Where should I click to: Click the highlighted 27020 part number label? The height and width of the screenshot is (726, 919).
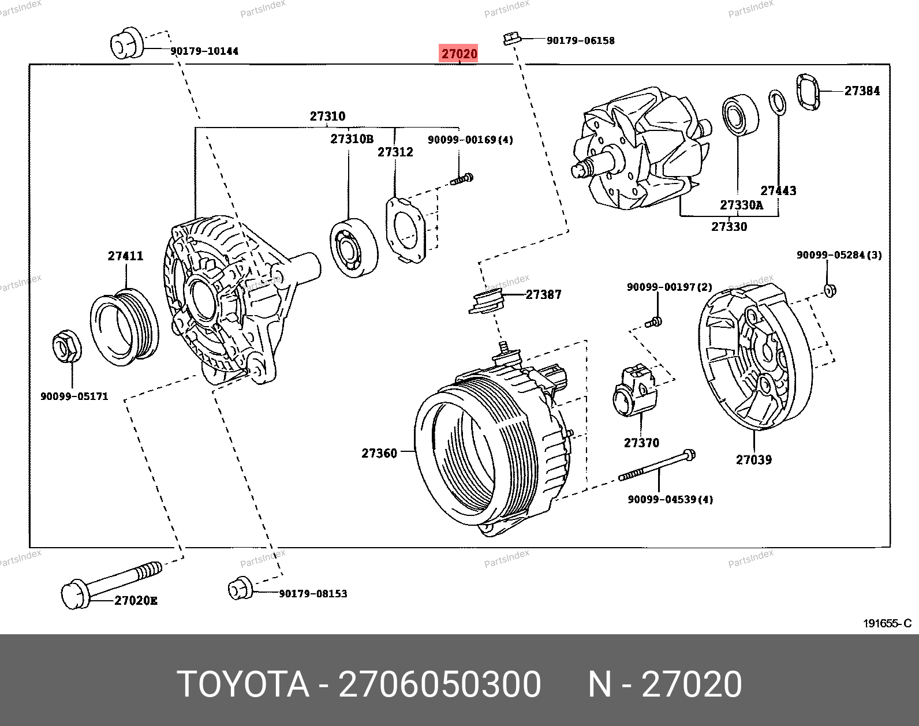coord(459,54)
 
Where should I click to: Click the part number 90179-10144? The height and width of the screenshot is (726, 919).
coord(204,51)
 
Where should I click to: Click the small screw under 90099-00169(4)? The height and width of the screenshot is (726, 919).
coord(462,179)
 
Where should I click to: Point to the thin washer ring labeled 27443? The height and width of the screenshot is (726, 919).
coord(778,103)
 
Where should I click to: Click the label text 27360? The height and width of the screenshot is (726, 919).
coord(379,453)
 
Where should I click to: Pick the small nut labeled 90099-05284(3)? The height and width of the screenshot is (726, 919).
coord(830,290)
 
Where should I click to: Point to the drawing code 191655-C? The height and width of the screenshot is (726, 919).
coord(887,623)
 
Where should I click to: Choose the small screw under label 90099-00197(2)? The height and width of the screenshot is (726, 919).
coord(656,321)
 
